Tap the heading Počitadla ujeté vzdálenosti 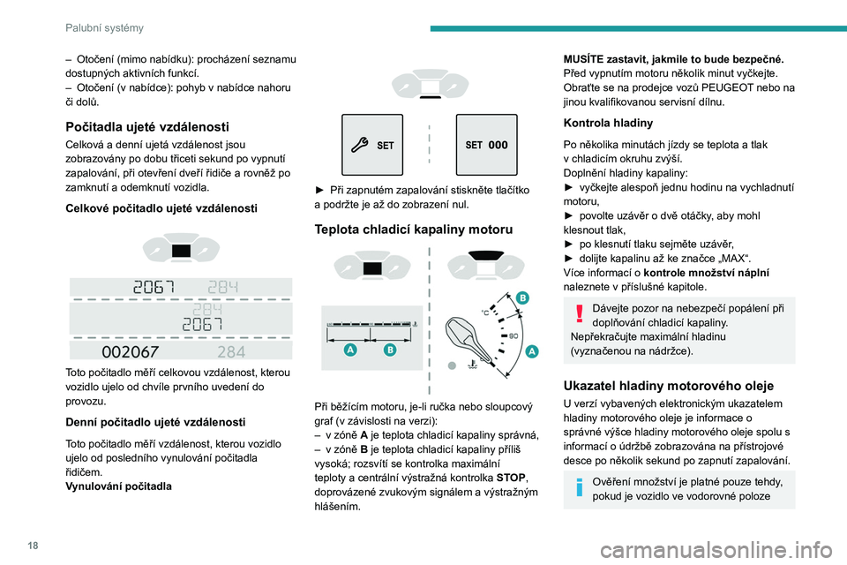(147, 126)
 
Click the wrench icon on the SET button (360, 146)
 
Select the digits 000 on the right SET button (498, 146)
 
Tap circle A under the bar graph (350, 350)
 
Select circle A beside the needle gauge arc (532, 350)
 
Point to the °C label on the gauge (485, 312)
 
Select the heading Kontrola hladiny (608, 122)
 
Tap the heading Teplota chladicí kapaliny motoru (413, 230)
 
